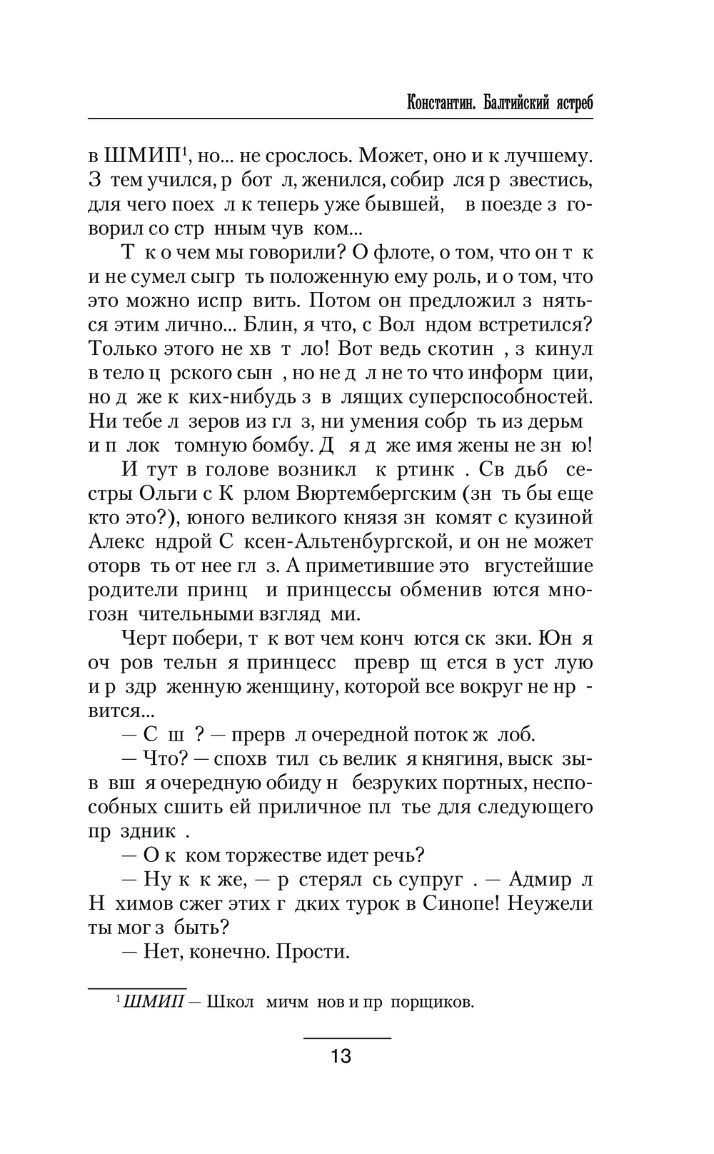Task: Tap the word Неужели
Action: (553, 903)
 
